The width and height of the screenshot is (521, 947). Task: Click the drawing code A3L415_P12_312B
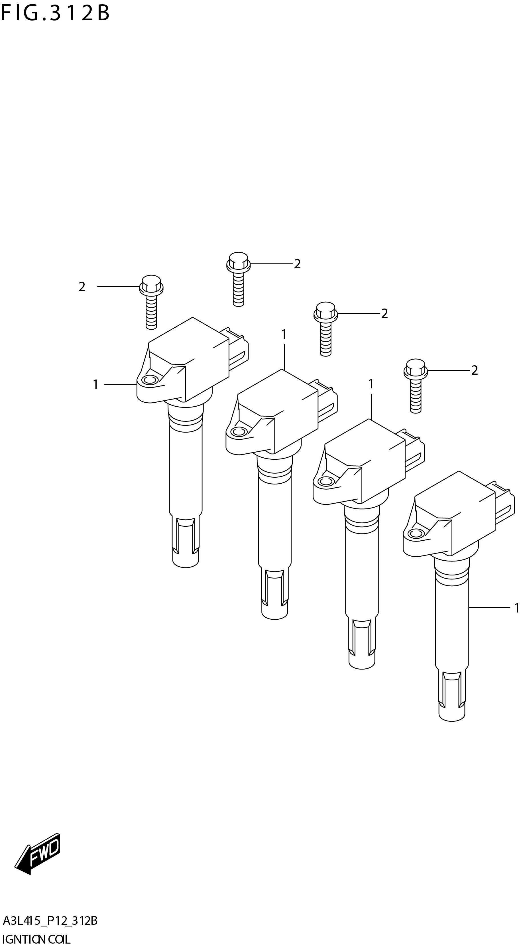50,921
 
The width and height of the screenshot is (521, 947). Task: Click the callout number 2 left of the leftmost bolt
82,287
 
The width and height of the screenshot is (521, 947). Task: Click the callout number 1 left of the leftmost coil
95,385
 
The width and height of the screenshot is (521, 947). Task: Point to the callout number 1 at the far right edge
517,608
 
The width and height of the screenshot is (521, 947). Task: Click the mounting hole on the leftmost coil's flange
149,380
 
